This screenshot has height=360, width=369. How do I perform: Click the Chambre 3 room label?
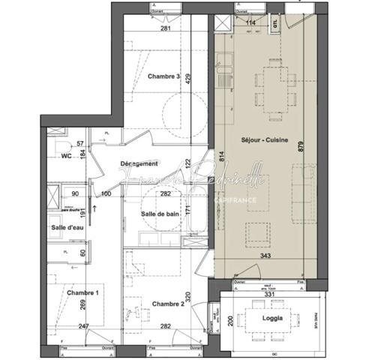(163, 76)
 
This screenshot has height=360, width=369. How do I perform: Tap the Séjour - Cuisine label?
(262, 140)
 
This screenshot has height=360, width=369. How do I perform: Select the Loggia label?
(274, 318)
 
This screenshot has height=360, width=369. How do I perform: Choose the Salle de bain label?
(163, 215)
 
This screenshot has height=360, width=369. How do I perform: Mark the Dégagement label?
(139, 163)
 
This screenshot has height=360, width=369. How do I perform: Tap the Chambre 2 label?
(168, 304)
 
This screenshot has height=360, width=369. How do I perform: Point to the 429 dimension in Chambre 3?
(190, 77)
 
